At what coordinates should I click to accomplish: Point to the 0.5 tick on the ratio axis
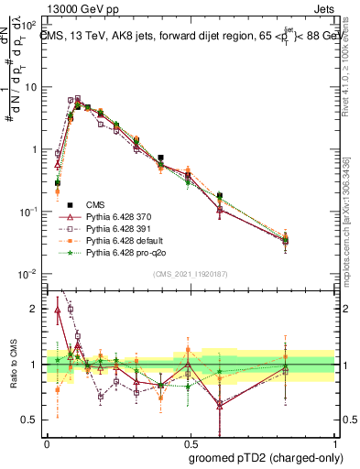click(31, 420)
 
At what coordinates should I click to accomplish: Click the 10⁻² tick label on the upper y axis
click(27, 274)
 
